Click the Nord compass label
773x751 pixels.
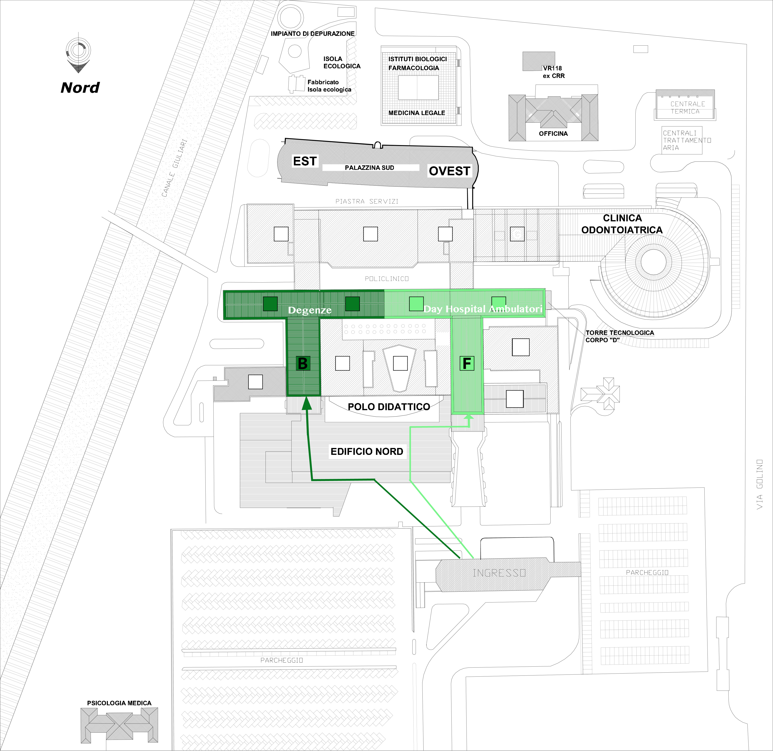[80, 88]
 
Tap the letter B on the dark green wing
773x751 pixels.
[303, 363]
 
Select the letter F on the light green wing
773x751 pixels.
[467, 363]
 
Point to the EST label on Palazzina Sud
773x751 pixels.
[305, 161]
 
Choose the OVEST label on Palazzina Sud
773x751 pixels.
[449, 171]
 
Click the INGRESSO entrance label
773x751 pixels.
[499, 573]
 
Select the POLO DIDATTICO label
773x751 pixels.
[389, 407]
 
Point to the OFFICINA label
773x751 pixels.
[553, 134]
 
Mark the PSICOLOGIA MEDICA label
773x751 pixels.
[119, 703]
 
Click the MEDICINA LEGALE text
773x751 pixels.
[417, 113]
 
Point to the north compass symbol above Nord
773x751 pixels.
[78, 53]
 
